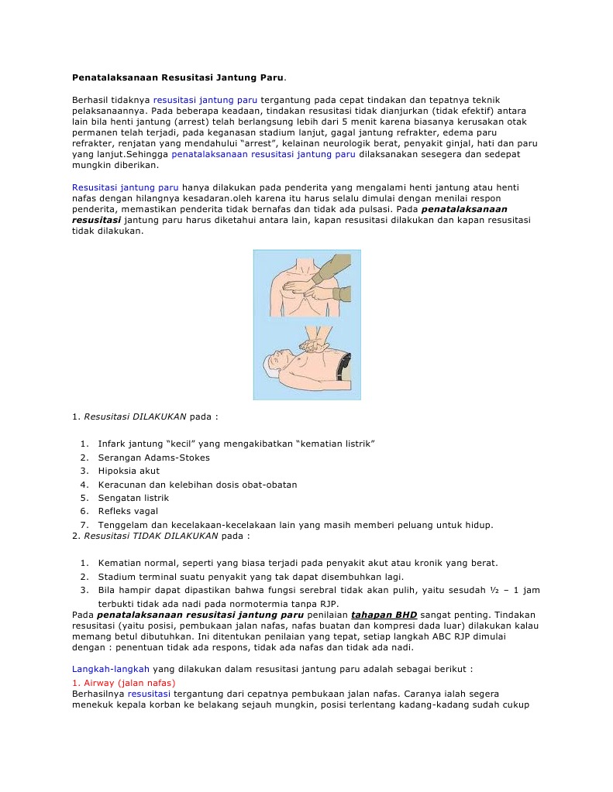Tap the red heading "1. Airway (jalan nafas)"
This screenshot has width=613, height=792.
123,683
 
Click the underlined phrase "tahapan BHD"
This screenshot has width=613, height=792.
384,615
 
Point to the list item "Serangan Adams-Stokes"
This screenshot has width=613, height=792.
153,458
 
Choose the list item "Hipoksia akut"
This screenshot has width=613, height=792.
129,471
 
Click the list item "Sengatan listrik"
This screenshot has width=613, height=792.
133,498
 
